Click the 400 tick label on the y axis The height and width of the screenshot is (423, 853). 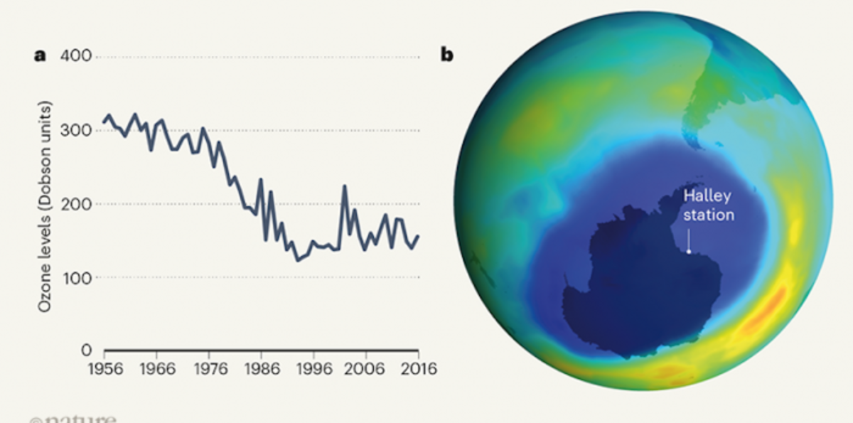click(x=78, y=57)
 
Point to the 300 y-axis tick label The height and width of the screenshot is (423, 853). click(x=78, y=130)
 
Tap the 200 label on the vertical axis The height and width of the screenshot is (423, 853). click(x=78, y=204)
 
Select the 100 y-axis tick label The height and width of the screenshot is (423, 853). click(x=78, y=277)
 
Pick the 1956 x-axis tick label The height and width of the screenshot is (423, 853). click(x=104, y=369)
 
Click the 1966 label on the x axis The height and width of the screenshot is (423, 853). click(x=156, y=369)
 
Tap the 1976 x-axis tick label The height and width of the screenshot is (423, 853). click(x=208, y=369)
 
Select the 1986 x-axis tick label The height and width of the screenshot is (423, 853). click(x=261, y=369)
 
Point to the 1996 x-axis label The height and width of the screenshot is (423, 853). click(x=313, y=369)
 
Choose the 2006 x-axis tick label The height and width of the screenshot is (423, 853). click(x=365, y=369)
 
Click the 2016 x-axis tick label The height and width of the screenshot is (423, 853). click(x=417, y=369)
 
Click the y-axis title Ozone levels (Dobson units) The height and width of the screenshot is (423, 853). click(x=45, y=205)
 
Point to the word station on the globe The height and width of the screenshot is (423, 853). click(x=708, y=215)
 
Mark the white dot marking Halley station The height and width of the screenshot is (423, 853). click(x=689, y=250)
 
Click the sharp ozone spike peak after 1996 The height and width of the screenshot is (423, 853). click(x=345, y=186)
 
